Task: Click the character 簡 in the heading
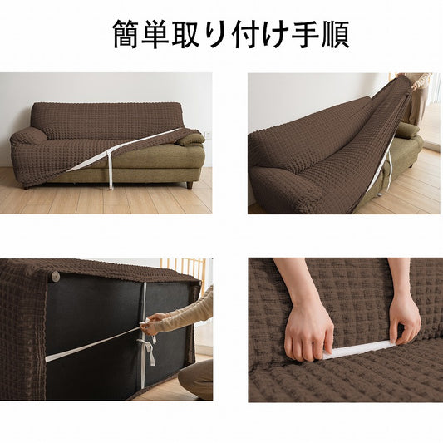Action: (x=126, y=34)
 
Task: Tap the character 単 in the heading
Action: (x=155, y=34)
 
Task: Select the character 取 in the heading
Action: (x=185, y=34)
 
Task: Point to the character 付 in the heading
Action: (x=245, y=34)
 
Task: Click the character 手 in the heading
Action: (x=304, y=34)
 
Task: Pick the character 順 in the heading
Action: (x=335, y=34)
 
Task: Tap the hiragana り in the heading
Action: (x=215, y=34)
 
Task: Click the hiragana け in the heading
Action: (x=274, y=34)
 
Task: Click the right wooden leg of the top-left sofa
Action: (x=190, y=185)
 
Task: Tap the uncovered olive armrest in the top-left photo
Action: (x=190, y=140)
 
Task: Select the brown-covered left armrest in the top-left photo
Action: (x=27, y=136)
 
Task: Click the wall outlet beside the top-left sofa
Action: (x=209, y=134)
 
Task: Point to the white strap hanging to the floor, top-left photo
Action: (x=111, y=170)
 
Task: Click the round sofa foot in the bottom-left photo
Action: (x=54, y=275)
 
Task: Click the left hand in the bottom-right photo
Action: (x=308, y=332)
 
